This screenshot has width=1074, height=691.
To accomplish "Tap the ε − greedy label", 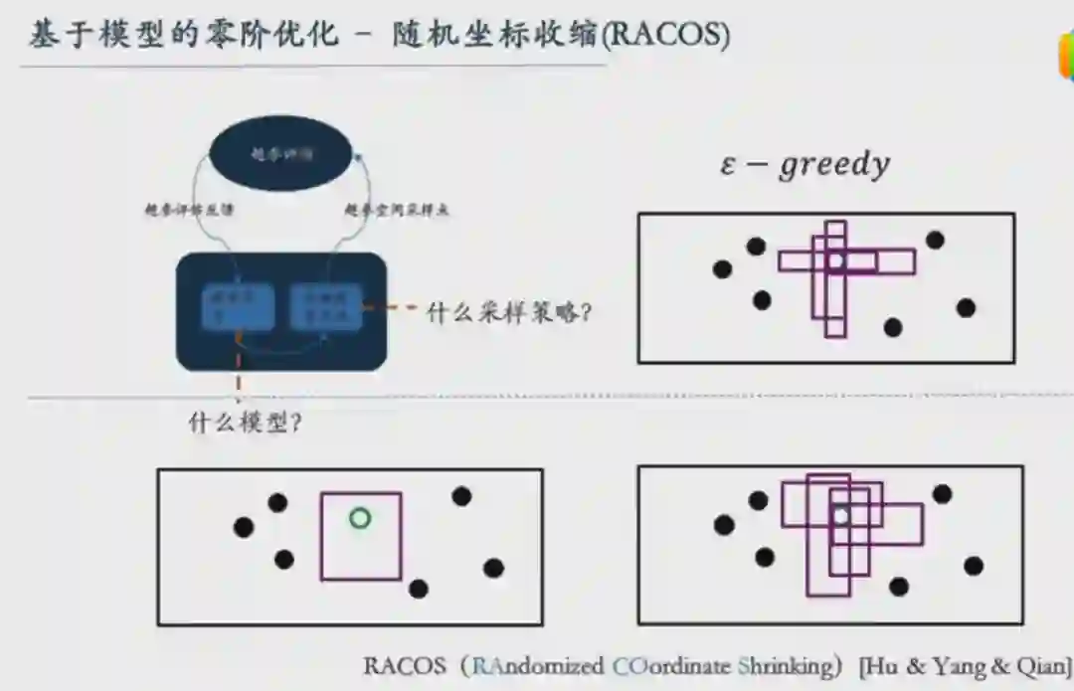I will (x=805, y=164).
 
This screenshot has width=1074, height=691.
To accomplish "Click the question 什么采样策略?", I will (x=509, y=312).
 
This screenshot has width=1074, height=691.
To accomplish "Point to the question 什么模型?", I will (x=246, y=422).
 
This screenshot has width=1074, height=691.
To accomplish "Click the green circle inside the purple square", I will (x=360, y=518).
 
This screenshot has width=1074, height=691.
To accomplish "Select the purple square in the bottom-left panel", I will (x=360, y=536).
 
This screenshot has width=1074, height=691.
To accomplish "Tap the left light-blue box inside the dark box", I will (x=237, y=307).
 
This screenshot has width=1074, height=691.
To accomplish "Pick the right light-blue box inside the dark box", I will (x=325, y=307).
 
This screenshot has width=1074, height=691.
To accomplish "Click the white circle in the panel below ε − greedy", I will (x=837, y=260).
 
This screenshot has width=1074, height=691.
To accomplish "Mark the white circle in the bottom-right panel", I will (x=841, y=516).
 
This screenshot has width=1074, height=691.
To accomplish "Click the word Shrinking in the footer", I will (x=786, y=665).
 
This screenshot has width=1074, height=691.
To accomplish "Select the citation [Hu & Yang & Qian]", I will (x=965, y=665).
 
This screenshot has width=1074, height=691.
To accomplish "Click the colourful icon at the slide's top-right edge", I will (x=1066, y=58).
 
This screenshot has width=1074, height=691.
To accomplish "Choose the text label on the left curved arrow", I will (x=189, y=211).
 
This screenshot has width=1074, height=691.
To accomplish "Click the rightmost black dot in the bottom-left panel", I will (x=493, y=568).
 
